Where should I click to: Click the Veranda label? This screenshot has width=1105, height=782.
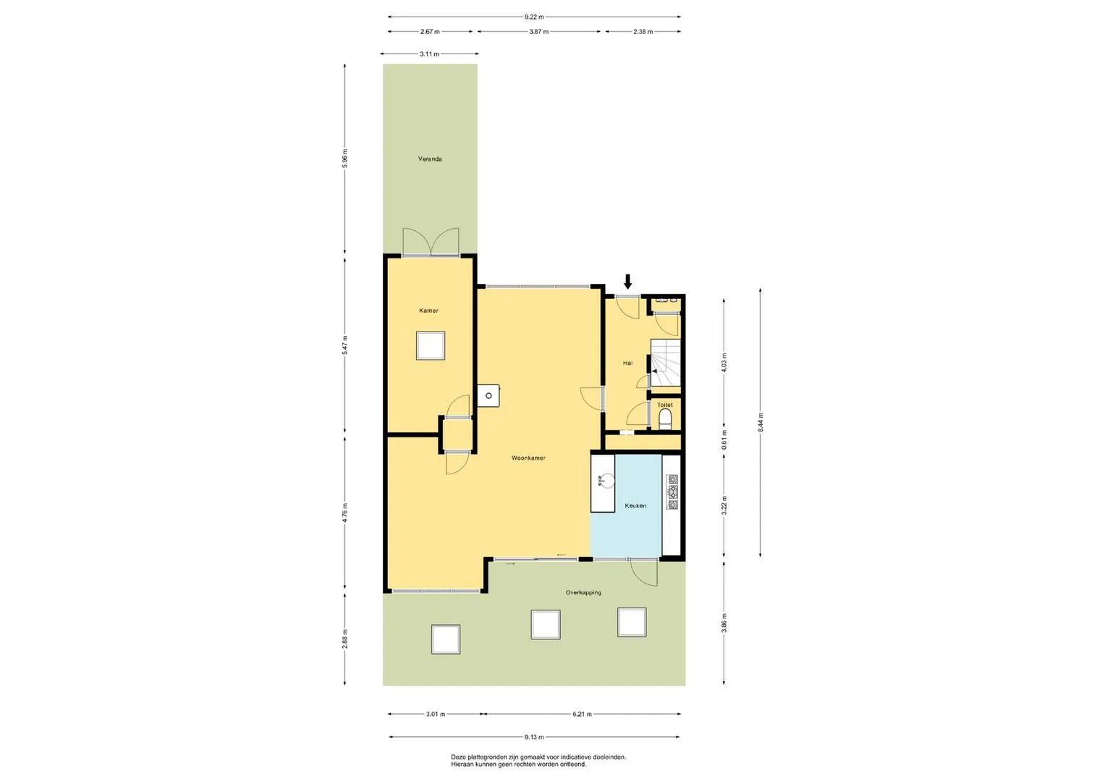pyautogui.click(x=430, y=159)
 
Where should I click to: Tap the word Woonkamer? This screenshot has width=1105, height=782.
pyautogui.click(x=528, y=458)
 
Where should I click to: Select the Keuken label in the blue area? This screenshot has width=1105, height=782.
pyautogui.click(x=635, y=505)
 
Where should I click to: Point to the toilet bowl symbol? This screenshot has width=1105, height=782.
pyautogui.click(x=665, y=419)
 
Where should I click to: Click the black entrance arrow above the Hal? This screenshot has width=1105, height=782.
pyautogui.click(x=627, y=282)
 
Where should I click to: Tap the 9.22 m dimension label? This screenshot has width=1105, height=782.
pyautogui.click(x=534, y=17)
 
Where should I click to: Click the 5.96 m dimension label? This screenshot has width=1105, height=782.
pyautogui.click(x=345, y=159)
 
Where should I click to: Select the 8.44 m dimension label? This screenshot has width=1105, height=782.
pyautogui.click(x=760, y=423)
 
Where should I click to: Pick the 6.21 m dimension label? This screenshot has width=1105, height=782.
pyautogui.click(x=582, y=714)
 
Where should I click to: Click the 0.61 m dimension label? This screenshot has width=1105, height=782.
pyautogui.click(x=724, y=440)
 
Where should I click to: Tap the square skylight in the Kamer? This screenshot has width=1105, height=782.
pyautogui.click(x=430, y=345)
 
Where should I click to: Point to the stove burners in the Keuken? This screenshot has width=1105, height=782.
pyautogui.click(x=672, y=492)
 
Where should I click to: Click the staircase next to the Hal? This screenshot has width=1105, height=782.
pyautogui.click(x=666, y=363)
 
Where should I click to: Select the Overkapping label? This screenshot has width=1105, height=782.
pyautogui.click(x=583, y=592)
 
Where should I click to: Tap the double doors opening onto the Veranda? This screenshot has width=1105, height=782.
pyautogui.click(x=431, y=242)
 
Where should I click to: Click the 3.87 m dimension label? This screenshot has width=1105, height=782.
pyautogui.click(x=538, y=32)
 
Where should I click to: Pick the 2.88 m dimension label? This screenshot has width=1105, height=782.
pyautogui.click(x=345, y=639)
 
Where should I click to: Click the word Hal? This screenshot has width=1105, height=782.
pyautogui.click(x=627, y=363)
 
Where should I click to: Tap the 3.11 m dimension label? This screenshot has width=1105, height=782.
pyautogui.click(x=429, y=54)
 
